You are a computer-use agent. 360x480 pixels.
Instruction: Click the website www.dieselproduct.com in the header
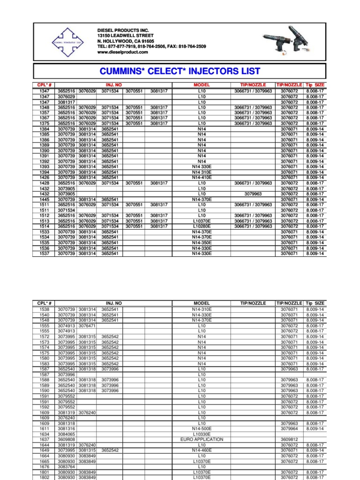(122, 52)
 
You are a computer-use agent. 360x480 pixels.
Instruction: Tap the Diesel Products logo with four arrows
(67, 42)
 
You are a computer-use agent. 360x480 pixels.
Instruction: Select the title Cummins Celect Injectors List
(180, 71)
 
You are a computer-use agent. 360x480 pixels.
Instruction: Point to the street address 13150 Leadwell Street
(125, 36)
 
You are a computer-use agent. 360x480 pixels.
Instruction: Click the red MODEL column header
(202, 85)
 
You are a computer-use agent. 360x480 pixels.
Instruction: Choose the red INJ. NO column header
(113, 85)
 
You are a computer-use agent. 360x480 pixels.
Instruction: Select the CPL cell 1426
(44, 177)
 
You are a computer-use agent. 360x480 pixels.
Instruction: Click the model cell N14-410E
(202, 177)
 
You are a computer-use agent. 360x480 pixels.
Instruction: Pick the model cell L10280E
(202, 226)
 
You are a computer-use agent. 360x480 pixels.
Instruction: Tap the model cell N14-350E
(202, 242)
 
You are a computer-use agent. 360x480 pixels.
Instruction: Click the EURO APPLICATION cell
(202, 439)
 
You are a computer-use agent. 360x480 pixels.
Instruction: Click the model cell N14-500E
(202, 428)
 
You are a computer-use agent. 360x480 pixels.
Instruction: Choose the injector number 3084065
(66, 434)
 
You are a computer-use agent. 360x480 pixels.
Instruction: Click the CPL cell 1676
(44, 466)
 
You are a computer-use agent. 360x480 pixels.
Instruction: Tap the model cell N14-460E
(202, 450)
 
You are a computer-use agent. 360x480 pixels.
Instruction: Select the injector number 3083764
(66, 466)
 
